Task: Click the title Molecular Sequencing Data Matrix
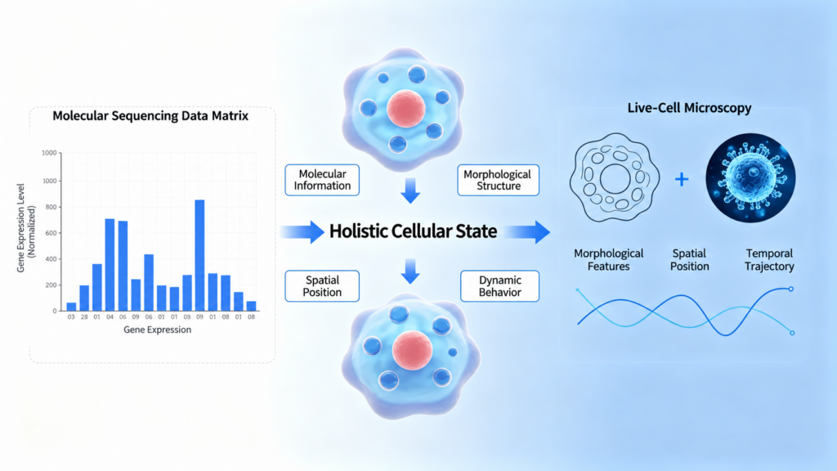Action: (x=150, y=116)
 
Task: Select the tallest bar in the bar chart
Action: (x=199, y=255)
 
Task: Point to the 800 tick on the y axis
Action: (x=50, y=207)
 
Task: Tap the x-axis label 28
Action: (x=84, y=316)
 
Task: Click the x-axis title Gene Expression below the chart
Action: (x=158, y=330)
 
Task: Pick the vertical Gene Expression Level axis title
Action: (x=25, y=228)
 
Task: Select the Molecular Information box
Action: (x=322, y=180)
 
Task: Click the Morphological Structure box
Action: (x=498, y=180)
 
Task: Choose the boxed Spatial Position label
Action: (x=322, y=286)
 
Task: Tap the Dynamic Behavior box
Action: (x=499, y=286)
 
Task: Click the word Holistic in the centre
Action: (x=358, y=231)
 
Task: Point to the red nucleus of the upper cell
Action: (x=406, y=109)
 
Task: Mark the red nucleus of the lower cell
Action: (x=412, y=350)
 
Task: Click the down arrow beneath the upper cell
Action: (x=410, y=191)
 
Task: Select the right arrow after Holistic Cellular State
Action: (x=527, y=231)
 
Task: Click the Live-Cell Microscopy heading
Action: (x=689, y=108)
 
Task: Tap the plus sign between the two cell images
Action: (x=682, y=179)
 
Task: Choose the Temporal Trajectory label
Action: (x=769, y=259)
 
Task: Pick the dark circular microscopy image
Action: (x=750, y=177)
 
